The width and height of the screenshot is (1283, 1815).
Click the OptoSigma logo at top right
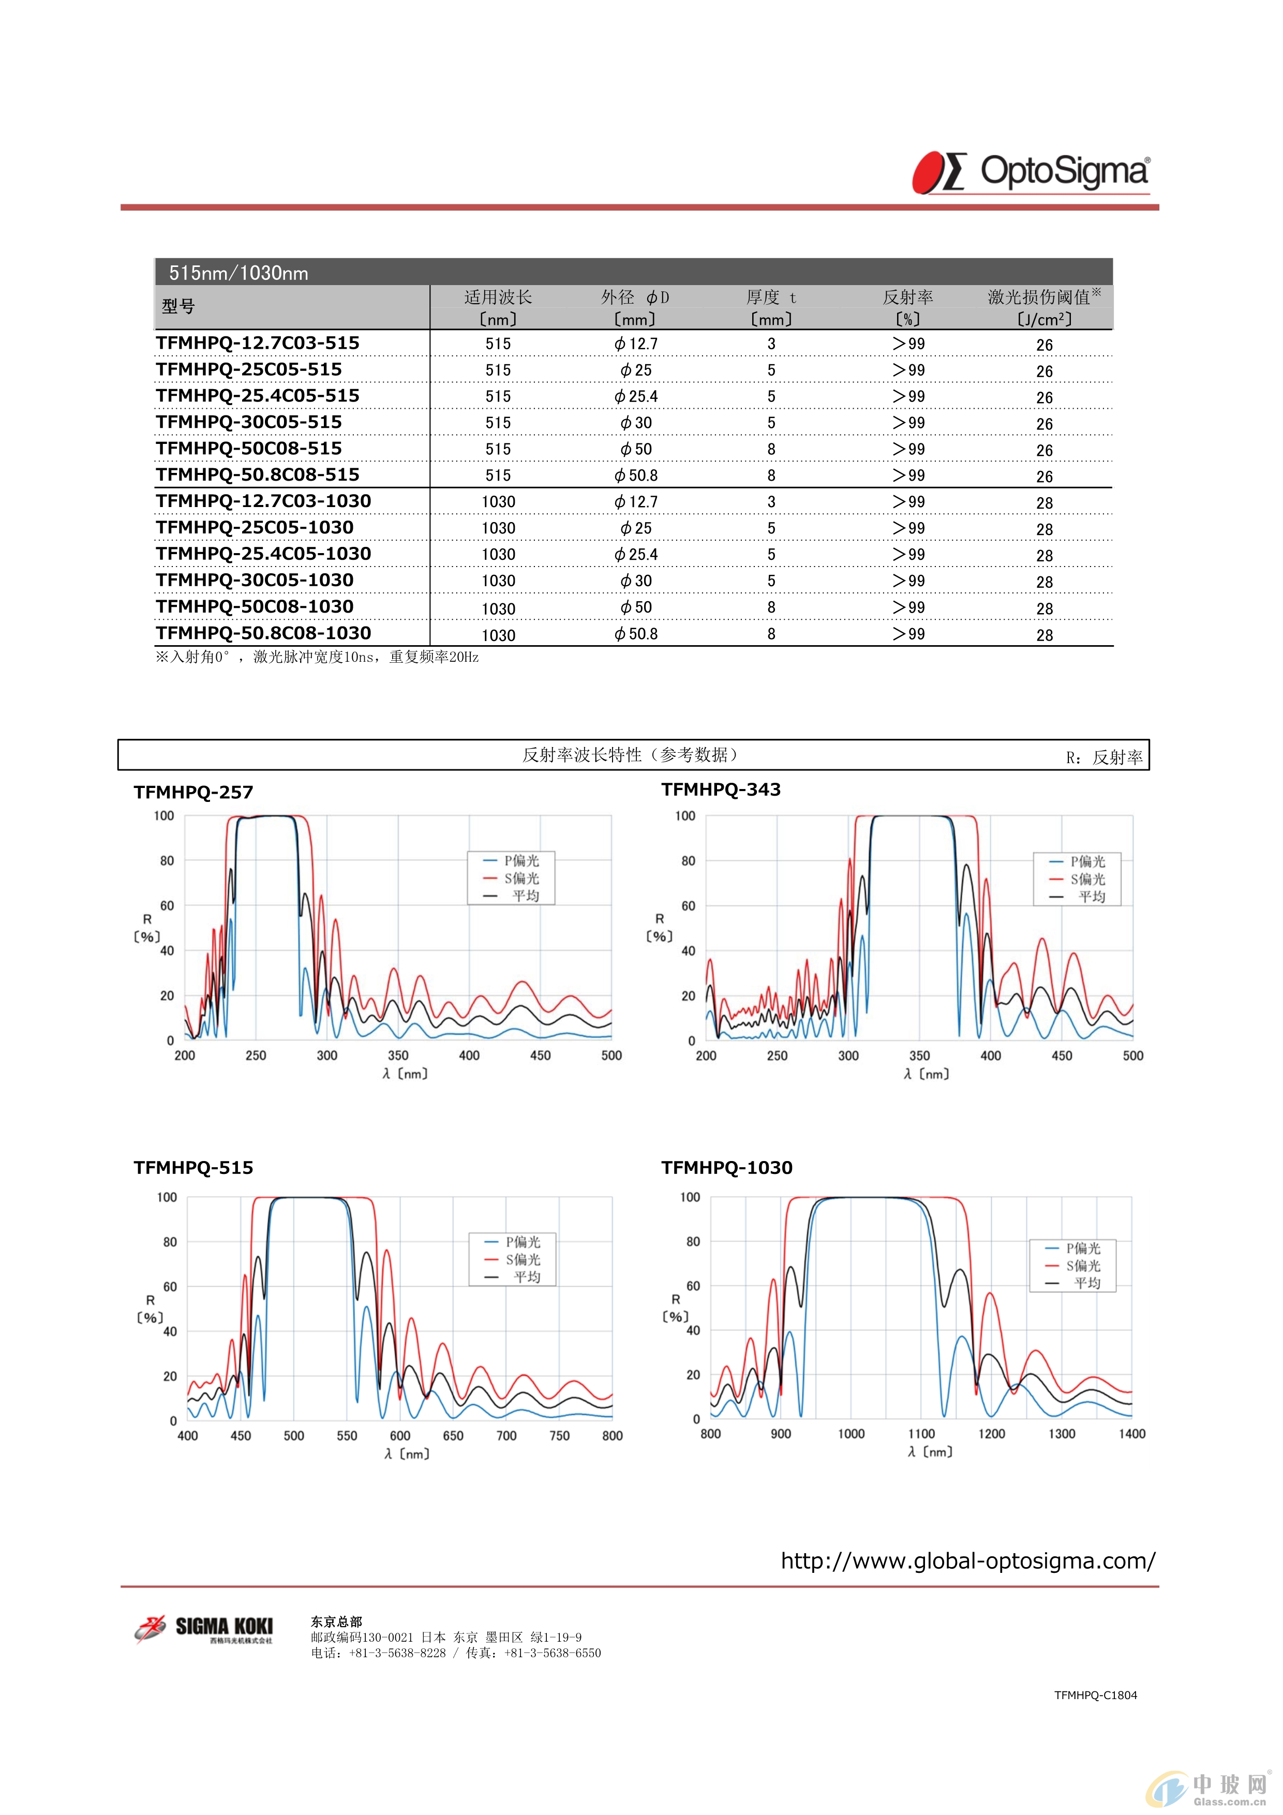[1031, 172]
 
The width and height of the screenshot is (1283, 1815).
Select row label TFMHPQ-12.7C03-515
[258, 343]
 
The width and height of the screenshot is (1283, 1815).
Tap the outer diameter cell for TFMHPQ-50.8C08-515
[636, 475]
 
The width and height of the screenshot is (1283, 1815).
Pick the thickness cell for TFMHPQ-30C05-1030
[771, 581]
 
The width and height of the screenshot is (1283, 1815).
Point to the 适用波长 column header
[498, 297]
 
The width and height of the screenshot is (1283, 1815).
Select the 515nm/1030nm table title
[238, 273]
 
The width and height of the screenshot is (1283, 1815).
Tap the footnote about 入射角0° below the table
[318, 657]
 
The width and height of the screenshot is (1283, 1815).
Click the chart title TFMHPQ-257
[193, 792]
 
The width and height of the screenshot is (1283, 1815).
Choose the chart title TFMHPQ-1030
[727, 1168]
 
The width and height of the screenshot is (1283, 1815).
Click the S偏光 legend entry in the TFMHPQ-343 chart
[1078, 879]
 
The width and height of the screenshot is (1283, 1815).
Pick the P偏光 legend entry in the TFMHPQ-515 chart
[513, 1242]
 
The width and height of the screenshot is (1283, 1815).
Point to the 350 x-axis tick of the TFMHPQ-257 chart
[398, 1055]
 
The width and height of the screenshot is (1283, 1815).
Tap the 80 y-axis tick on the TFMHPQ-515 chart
[170, 1242]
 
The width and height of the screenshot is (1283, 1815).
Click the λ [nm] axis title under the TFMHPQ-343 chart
[927, 1074]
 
